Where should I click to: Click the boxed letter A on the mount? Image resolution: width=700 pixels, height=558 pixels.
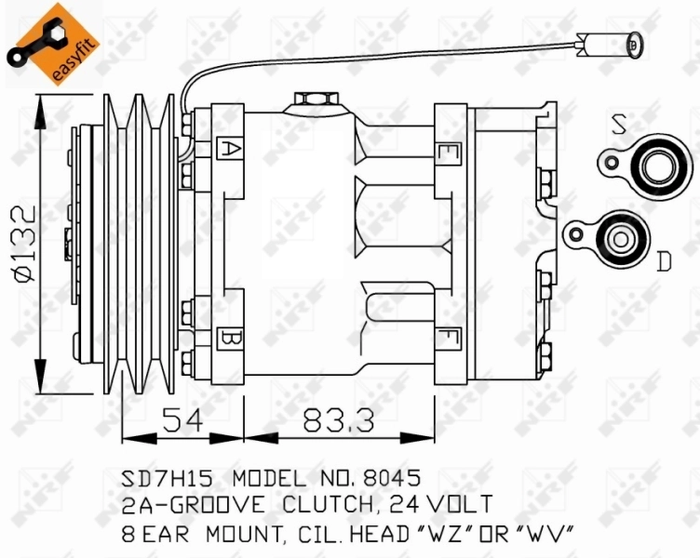tap(226, 147)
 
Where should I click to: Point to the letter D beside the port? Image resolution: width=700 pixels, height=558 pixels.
tap(663, 261)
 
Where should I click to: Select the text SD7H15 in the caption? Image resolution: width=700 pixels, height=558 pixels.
tap(168, 479)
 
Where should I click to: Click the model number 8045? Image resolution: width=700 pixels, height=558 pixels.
tap(392, 479)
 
